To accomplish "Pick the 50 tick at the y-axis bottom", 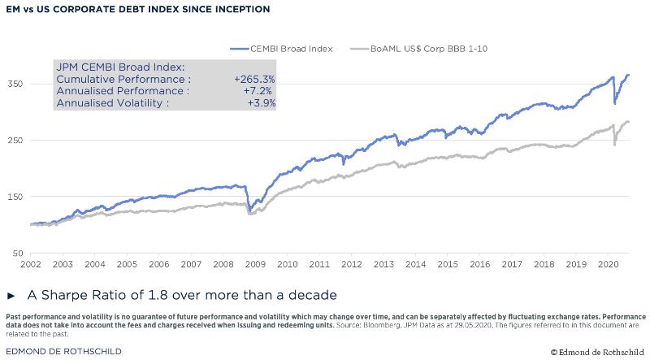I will pos(17,254).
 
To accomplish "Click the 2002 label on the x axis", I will pos(31,265).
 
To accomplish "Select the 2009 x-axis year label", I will pos(255,265).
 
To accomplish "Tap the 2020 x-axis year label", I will pos(607,265).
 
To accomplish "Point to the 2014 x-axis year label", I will pos(415,265).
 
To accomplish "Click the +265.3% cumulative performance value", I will pos(254,80).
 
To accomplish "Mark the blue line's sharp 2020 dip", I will pos(614,102).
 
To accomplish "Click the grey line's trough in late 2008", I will pos(250,214).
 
